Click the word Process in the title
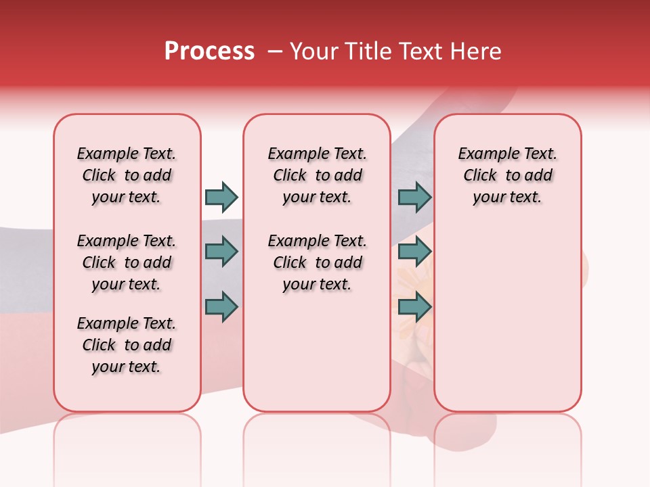209,51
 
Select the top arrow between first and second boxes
221,197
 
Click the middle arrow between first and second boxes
221,252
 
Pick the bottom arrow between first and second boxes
221,306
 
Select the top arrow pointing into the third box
414,197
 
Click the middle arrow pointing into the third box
414,252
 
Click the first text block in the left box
127,175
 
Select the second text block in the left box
127,262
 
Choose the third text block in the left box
127,345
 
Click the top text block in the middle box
317,175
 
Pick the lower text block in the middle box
317,262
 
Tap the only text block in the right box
507,175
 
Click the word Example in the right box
483,154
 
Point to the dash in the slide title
275,51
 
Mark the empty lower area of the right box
507,318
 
